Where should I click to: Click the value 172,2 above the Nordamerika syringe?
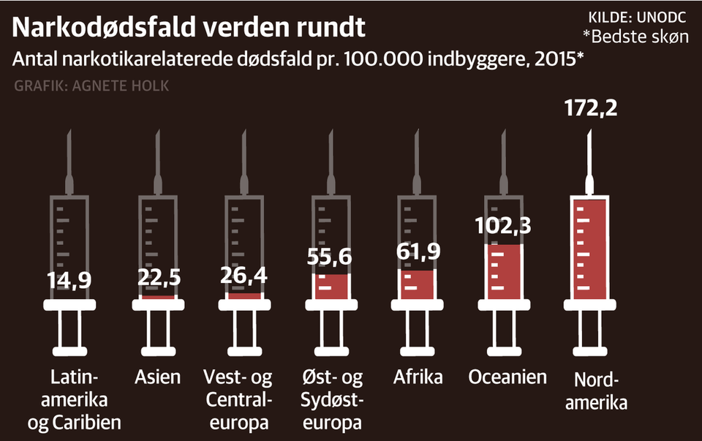tap(591, 109)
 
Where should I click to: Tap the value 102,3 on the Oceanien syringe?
tap(502, 225)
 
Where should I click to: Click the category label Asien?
tap(158, 377)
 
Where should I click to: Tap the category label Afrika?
tap(418, 377)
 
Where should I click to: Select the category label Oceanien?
tap(507, 377)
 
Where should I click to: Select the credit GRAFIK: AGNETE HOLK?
tap(91, 86)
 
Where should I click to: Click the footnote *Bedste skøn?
tap(635, 37)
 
